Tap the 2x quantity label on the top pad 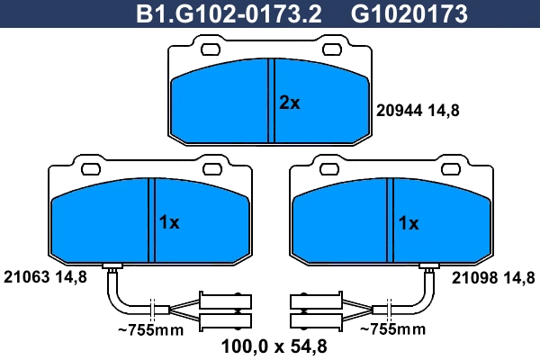[289, 103]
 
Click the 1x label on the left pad [169, 222]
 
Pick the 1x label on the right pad [408, 222]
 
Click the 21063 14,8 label [45, 277]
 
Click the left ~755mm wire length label [150, 330]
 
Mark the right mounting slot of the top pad [333, 50]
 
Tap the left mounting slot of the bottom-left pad [90, 166]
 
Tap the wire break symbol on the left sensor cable [154, 310]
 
